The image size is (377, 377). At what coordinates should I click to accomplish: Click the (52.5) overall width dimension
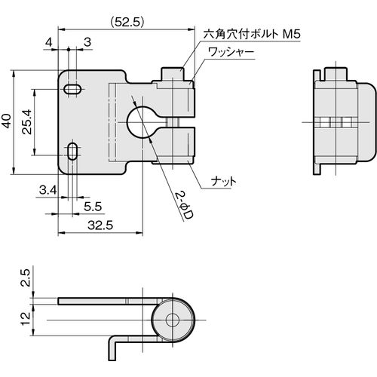pyautogui.click(x=127, y=23)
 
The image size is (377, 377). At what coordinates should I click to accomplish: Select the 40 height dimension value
pyautogui.click(x=7, y=121)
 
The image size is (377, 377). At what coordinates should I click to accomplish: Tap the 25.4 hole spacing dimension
pyautogui.click(x=26, y=121)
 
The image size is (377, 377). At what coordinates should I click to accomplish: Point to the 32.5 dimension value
pyautogui.click(x=100, y=225)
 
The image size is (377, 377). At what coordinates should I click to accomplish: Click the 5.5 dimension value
pyautogui.click(x=93, y=207)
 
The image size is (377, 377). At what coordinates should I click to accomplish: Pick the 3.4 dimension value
pyautogui.click(x=48, y=191)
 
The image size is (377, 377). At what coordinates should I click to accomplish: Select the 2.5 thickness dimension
pyautogui.click(x=26, y=277)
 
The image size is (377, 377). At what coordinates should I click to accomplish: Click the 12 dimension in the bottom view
pyautogui.click(x=26, y=319)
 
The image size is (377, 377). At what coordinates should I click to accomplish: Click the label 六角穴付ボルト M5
pyautogui.click(x=252, y=34)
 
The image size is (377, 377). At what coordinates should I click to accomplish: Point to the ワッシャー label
pyautogui.click(x=231, y=53)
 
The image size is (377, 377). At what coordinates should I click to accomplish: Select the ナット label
pyautogui.click(x=223, y=181)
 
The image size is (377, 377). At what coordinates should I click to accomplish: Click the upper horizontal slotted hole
pyautogui.click(x=72, y=89)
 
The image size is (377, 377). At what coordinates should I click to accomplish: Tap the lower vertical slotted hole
pyautogui.click(x=72, y=151)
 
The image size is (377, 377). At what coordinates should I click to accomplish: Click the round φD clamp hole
pyautogui.click(x=138, y=123)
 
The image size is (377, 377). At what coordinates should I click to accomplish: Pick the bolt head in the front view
pyautogui.click(x=173, y=74)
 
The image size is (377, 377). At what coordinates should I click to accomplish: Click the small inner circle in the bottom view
pyautogui.click(x=173, y=320)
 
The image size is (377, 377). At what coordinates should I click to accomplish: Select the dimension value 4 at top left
pyautogui.click(x=49, y=43)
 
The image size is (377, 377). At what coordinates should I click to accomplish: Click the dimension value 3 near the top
pyautogui.click(x=87, y=42)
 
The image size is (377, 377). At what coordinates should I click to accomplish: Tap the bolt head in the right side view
pyautogui.click(x=336, y=74)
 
